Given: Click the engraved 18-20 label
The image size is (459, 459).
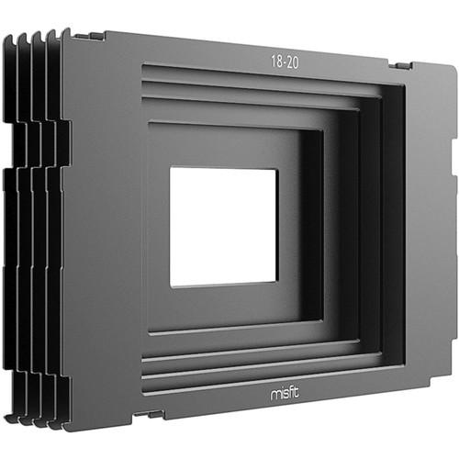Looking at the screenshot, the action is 285,62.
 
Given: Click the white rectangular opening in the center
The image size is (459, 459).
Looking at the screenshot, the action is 224,228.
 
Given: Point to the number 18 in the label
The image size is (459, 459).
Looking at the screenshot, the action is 276,62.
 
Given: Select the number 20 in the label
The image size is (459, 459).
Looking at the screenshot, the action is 293,63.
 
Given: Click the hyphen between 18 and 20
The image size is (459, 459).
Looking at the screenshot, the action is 285,62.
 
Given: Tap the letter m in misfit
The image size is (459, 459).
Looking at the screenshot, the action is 275,394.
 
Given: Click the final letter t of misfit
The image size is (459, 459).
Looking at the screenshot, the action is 297,392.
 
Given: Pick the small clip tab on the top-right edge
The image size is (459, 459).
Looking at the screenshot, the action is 401,66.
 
